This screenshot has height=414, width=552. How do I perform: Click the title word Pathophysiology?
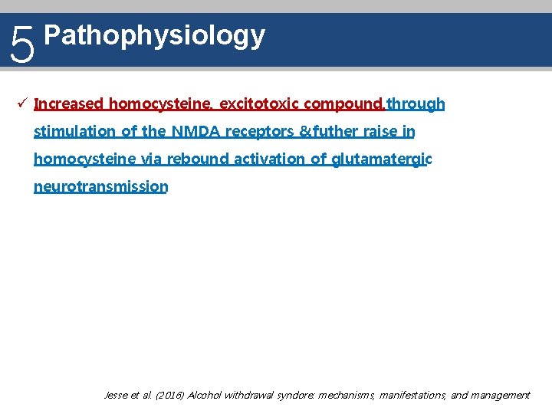[155, 35]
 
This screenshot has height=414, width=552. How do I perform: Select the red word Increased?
[69, 103]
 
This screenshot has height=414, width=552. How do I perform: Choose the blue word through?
[416, 103]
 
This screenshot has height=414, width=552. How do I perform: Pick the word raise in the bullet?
[381, 131]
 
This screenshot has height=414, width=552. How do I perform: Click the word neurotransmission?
[100, 186]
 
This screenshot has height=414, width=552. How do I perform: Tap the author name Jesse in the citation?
[116, 396]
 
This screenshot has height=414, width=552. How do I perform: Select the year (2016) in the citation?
[169, 396]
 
